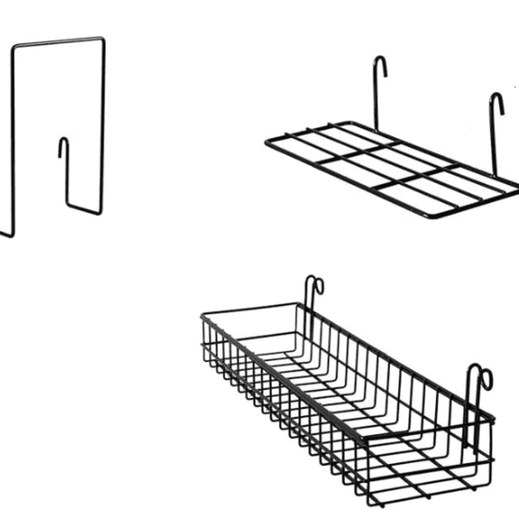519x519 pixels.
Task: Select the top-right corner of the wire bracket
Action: click(x=104, y=39)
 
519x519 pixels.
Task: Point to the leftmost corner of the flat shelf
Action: click(x=267, y=142)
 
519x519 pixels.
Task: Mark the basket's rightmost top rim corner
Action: click(x=493, y=416)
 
